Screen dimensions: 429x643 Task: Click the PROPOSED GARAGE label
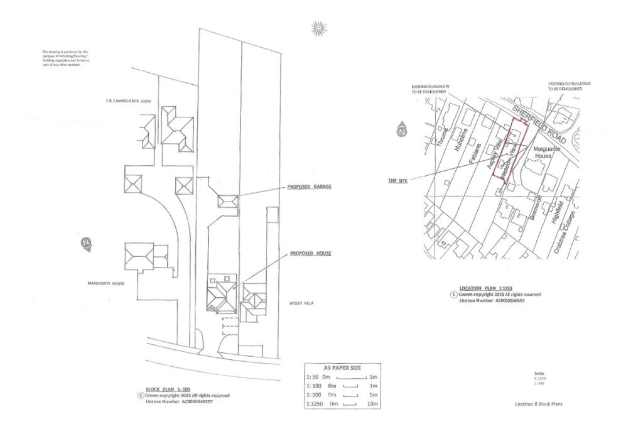(x=309, y=187)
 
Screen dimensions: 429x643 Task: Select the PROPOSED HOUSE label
(x=310, y=253)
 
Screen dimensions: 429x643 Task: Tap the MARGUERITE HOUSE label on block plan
(x=105, y=283)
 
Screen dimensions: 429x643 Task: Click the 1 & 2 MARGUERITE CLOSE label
(x=130, y=100)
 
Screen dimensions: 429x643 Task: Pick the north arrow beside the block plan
(x=86, y=243)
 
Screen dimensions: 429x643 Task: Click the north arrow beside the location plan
(x=401, y=131)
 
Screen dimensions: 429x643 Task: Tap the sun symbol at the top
(x=319, y=28)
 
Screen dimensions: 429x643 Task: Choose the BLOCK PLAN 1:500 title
(x=159, y=389)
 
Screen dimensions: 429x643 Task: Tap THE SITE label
(x=397, y=180)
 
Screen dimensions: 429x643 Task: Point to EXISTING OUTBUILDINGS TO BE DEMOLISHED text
(x=570, y=86)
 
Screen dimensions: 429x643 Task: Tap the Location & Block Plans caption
(x=539, y=404)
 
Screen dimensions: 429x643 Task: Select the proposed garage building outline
(x=227, y=202)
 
